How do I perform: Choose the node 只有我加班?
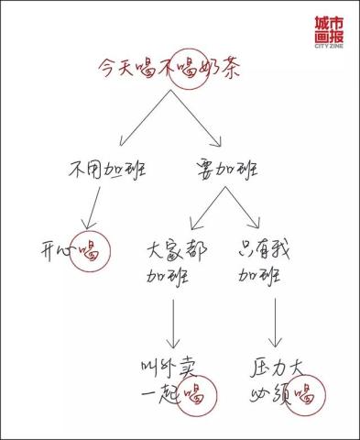click(x=265, y=263)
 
